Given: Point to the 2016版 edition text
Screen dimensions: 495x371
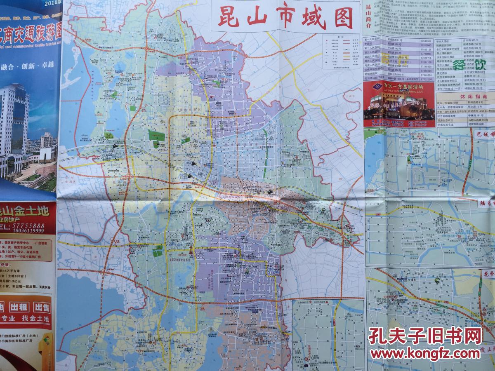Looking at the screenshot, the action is [x=49, y=3].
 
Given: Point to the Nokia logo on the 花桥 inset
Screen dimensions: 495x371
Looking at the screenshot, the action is [x=399, y=277].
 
